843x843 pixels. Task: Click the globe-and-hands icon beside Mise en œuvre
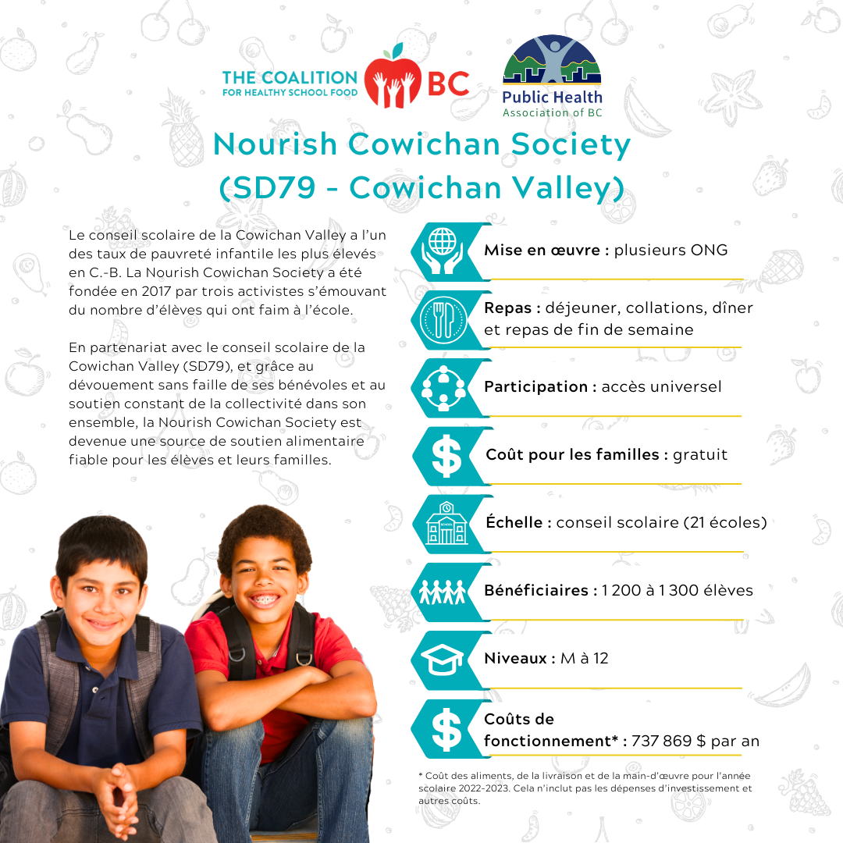(x=442, y=251)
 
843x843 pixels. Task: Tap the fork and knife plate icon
(x=442, y=319)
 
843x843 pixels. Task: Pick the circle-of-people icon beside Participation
(x=442, y=387)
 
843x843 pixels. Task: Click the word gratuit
(x=700, y=454)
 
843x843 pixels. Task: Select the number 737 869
(x=662, y=741)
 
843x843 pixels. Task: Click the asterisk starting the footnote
(x=421, y=775)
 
